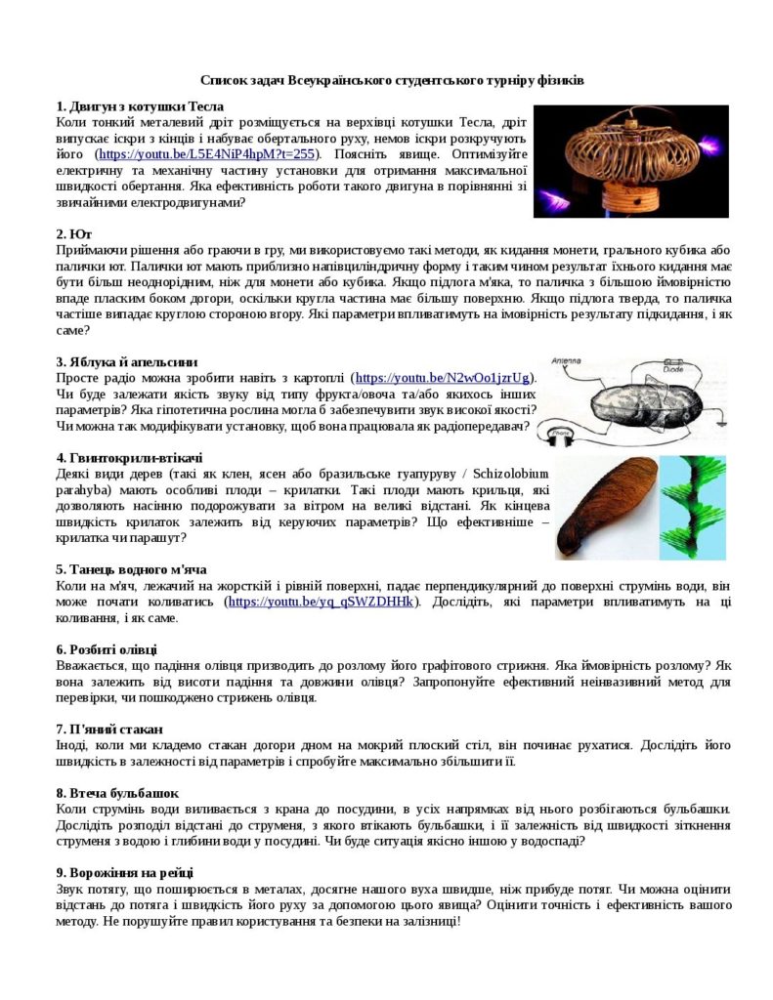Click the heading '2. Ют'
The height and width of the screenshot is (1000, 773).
[x=74, y=234]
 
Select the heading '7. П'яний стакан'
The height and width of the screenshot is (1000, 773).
[x=109, y=729]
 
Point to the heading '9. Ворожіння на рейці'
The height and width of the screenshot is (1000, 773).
[x=124, y=872]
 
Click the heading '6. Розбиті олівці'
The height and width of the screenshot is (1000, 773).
[x=107, y=649]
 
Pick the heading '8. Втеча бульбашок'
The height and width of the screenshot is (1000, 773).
[x=117, y=793]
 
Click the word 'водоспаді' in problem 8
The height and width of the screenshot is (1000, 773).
[x=549, y=841]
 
